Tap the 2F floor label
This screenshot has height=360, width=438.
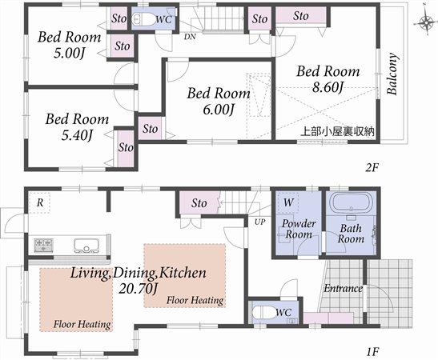(x=371, y=168)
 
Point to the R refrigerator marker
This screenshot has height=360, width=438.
(x=38, y=202)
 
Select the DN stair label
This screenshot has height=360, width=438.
(x=190, y=37)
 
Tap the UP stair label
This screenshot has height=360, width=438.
(x=260, y=222)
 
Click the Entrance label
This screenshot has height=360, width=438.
(x=343, y=288)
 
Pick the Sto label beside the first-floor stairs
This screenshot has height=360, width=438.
(x=199, y=203)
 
